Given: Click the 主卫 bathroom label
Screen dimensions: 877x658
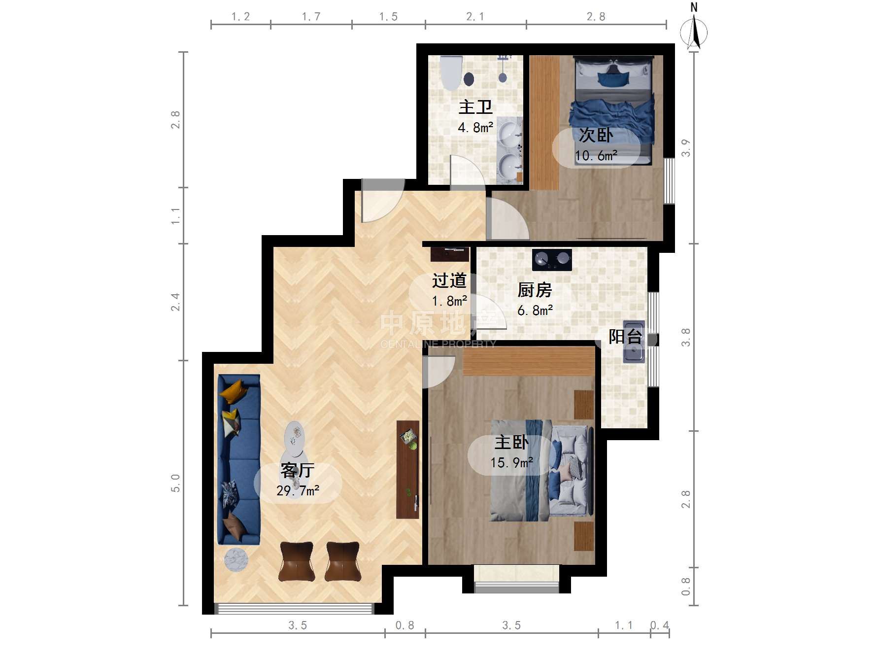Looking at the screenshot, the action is point(475,107).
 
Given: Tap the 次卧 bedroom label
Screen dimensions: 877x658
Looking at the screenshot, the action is point(596,135).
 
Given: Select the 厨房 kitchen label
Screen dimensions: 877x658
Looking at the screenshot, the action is point(535,290).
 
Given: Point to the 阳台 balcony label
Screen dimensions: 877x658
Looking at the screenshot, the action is point(626,336).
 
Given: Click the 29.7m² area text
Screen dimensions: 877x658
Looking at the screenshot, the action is point(298,490).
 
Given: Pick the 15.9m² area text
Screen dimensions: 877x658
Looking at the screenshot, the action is point(511,462).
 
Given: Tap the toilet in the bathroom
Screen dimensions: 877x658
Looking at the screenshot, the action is point(451,72).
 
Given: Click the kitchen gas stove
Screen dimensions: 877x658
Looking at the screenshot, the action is point(552,260).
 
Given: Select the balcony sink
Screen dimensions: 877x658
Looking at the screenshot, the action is point(634,342).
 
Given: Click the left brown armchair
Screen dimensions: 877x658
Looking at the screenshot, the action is point(297,562).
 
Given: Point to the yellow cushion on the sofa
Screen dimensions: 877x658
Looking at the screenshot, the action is point(234,390).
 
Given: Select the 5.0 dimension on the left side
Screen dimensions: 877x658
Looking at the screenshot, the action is point(175,483).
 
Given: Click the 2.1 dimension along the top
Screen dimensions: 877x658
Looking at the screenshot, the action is point(475,17).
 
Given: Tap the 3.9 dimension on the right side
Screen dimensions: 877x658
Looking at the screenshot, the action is point(686,148).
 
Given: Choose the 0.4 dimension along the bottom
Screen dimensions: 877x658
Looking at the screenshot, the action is point(660,625).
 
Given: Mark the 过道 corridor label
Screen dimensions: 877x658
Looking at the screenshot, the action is point(449,280).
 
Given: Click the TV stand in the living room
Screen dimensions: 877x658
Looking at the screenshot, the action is point(408,469).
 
